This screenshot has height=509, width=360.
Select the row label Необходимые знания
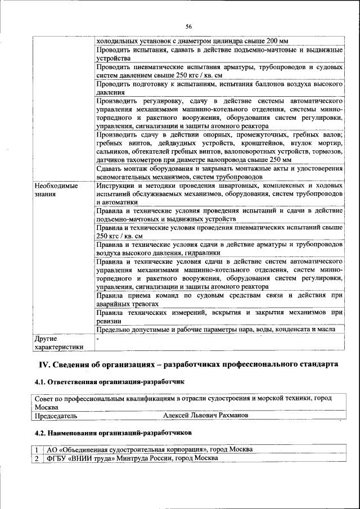click(55, 190)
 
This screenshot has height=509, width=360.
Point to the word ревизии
click(109, 321)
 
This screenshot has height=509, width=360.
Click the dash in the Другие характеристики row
click(98, 339)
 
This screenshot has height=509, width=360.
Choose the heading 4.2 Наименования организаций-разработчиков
click(112, 434)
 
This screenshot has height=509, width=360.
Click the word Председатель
click(56, 416)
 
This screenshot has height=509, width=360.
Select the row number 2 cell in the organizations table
click(37, 458)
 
